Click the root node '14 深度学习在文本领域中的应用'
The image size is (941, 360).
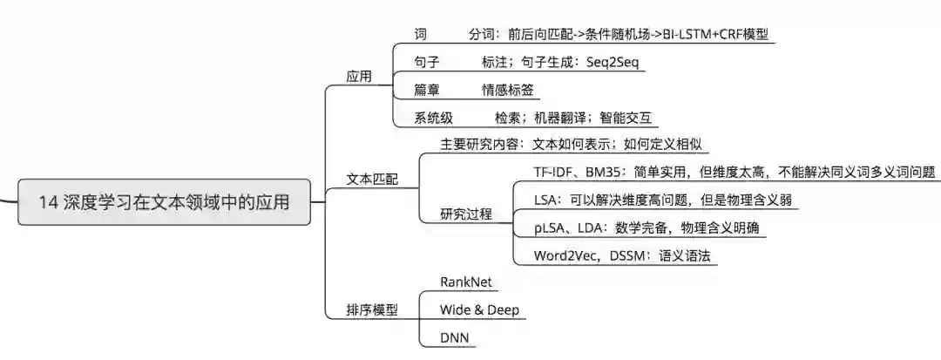click(x=163, y=201)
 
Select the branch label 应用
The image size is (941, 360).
click(x=358, y=77)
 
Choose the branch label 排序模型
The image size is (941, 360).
click(x=372, y=309)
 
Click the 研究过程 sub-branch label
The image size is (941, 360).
click(x=466, y=214)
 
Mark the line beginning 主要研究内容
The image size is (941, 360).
click(x=565, y=143)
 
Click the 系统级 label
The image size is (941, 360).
click(x=434, y=119)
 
